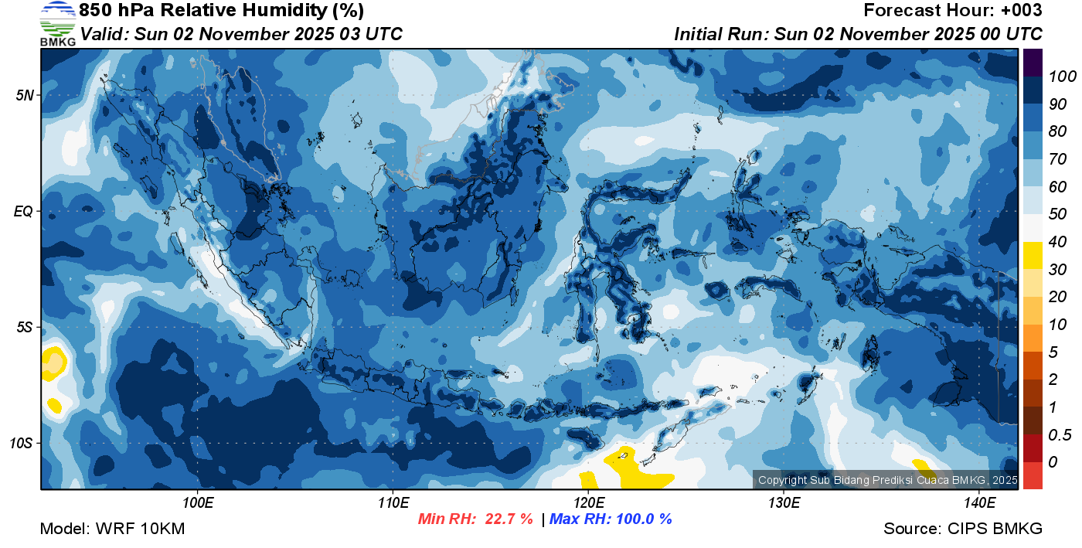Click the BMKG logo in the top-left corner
(57, 23)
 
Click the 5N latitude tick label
(24, 95)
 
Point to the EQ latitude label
(23, 211)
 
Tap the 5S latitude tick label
(24, 327)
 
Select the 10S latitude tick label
(21, 444)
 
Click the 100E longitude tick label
(198, 503)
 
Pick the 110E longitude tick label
(393, 503)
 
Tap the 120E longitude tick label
(588, 503)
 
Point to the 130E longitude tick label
(784, 503)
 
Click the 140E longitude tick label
(979, 503)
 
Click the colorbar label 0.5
(1059, 434)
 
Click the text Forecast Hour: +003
(952, 11)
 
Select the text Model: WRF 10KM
(112, 529)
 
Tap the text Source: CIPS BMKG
(963, 529)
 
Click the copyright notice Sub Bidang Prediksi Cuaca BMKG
(887, 480)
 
